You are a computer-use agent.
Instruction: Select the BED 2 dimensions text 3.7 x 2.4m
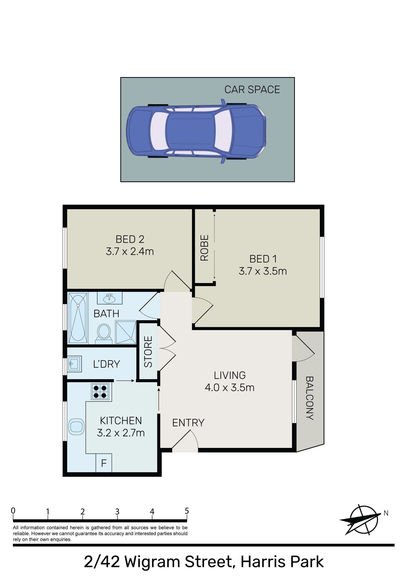[x=130, y=251]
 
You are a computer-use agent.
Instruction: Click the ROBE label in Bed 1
[x=205, y=248]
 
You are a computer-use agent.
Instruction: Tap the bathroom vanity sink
[x=110, y=298]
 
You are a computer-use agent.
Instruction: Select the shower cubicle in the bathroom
[x=125, y=332]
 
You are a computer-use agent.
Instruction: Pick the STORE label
[x=148, y=351]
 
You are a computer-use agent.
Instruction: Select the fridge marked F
[x=104, y=463]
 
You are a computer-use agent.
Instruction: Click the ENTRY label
[x=188, y=423]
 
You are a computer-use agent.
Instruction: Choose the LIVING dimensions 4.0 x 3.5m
[x=230, y=388]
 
